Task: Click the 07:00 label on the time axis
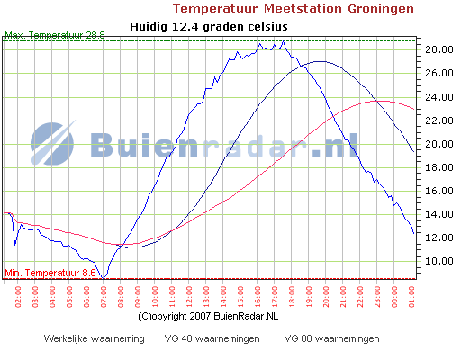[104, 294]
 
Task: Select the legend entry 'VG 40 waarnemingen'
[209, 338]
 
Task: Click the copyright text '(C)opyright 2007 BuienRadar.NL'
[208, 317]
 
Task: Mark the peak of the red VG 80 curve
[382, 101]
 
